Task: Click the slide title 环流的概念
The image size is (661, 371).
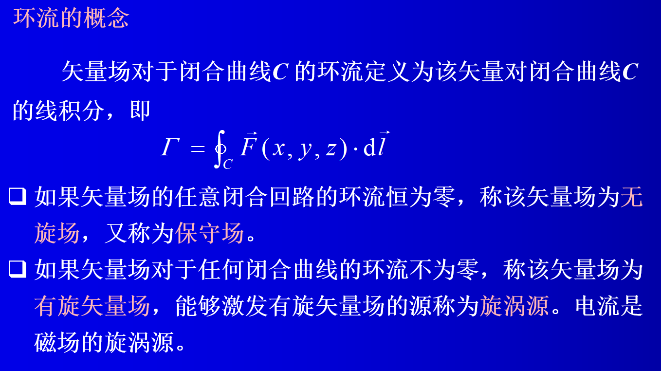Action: [71, 18]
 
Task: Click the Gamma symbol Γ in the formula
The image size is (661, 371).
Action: [170, 147]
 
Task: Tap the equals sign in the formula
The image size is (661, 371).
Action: [198, 148]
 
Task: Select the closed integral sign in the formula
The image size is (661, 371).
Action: [220, 149]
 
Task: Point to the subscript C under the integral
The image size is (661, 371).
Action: [228, 164]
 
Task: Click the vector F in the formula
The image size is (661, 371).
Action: [248, 144]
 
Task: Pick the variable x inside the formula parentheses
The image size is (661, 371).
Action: [278, 148]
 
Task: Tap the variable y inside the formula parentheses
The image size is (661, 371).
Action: [305, 150]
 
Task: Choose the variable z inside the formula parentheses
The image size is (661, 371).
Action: [331, 148]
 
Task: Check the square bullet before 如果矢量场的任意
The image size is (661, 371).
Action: [18, 196]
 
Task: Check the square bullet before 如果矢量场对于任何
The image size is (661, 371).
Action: [18, 269]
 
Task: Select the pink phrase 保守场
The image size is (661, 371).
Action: [209, 233]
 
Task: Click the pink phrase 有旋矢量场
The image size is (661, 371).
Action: [92, 306]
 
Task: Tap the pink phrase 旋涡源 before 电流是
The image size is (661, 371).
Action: [514, 306]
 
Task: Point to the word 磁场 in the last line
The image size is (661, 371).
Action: [57, 342]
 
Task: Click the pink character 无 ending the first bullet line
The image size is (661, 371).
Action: [631, 197]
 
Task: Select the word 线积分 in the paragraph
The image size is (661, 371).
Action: [70, 111]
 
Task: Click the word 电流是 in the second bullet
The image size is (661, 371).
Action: [609, 306]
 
